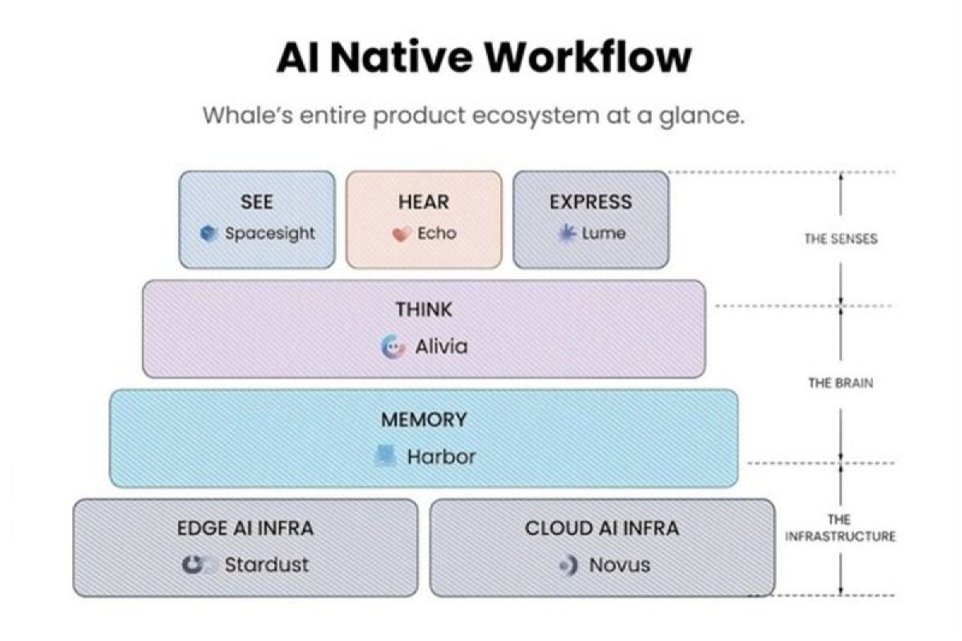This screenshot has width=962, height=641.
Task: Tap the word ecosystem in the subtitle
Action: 536,116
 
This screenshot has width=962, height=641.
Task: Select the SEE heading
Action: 257,202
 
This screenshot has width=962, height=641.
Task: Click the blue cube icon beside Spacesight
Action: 208,233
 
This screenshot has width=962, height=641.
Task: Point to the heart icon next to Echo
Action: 402,234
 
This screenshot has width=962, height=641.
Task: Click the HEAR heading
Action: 423,202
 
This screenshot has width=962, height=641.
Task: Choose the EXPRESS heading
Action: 591,202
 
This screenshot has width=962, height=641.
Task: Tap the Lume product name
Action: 604,233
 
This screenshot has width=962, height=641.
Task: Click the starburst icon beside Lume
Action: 567,233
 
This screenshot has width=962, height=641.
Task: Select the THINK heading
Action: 424,309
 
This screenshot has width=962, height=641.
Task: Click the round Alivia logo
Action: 394,346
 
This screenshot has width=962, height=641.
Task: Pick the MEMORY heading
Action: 424,420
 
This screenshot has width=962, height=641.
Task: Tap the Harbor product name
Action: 442,457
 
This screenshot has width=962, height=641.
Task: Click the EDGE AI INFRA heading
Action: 245,528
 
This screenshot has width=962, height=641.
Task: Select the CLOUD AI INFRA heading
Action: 602,528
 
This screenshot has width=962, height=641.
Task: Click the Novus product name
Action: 620,565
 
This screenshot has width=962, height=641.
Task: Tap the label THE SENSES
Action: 841,239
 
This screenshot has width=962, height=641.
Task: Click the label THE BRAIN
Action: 841,382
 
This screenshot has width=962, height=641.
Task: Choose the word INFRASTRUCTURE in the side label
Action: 840,536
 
